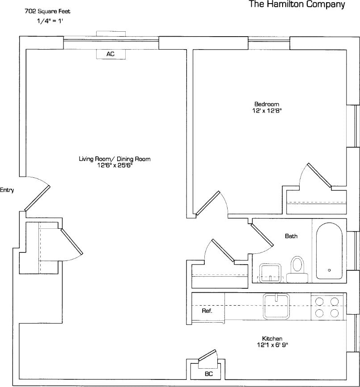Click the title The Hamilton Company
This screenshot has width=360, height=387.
point(297,5)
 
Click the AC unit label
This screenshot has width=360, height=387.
point(110,54)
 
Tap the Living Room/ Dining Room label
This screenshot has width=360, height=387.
point(114,159)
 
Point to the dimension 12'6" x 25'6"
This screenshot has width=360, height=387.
point(114,165)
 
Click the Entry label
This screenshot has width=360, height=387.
point(7,190)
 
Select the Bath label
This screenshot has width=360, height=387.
point(291,236)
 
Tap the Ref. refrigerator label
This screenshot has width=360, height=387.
point(207,311)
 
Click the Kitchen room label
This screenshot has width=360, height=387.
point(272,339)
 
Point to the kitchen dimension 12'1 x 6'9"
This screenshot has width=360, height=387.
point(272,345)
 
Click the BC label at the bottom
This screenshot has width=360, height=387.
point(208,374)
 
